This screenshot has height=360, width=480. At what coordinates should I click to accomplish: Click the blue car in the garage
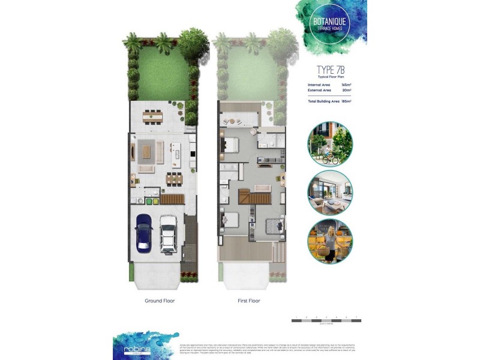click(144, 232)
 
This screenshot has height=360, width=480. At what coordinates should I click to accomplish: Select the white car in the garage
click(167, 233)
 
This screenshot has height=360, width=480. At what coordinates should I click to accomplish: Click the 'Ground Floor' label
click(160, 300)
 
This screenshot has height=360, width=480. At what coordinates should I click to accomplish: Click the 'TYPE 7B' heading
click(329, 70)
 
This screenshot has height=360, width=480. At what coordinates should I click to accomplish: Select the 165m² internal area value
click(346, 85)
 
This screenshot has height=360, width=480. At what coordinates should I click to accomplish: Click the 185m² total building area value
click(346, 101)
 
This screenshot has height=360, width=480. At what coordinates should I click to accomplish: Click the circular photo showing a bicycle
click(330, 145)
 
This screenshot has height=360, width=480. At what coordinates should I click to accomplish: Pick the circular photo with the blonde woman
click(330, 241)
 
